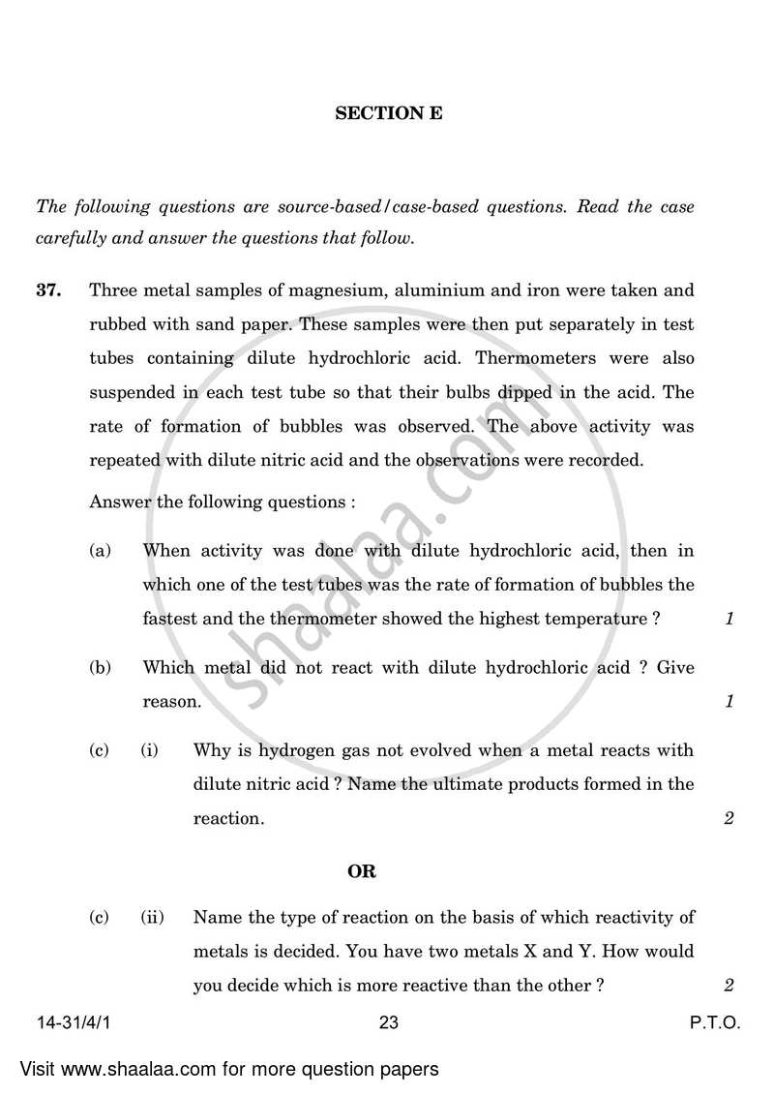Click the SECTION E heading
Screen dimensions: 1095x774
tap(388, 113)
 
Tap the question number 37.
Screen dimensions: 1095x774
tap(49, 290)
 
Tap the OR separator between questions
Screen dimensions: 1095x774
tap(362, 871)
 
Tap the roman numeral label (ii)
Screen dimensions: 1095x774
tap(152, 917)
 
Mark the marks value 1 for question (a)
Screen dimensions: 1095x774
tap(729, 620)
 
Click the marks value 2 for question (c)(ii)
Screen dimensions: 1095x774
tap(729, 986)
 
